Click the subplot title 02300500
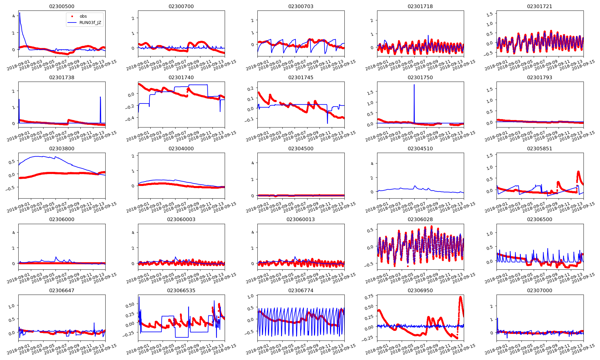click(x=62, y=7)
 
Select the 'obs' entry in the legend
click(x=83, y=16)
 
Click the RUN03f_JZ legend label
click(x=90, y=23)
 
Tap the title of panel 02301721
click(x=539, y=7)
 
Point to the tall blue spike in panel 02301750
click(x=414, y=85)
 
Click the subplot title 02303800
click(x=62, y=148)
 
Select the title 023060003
click(x=181, y=220)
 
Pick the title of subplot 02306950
click(x=420, y=290)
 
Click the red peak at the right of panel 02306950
click(x=460, y=297)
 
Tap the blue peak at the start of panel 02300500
click(x=20, y=13)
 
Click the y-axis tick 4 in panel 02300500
click(x=13, y=16)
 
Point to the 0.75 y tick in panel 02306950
click(x=370, y=296)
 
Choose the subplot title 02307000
click(x=539, y=290)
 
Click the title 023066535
click(x=181, y=290)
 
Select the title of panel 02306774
click(x=301, y=290)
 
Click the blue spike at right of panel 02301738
click(x=100, y=97)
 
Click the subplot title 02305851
click(x=539, y=148)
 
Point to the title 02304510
click(x=420, y=148)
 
